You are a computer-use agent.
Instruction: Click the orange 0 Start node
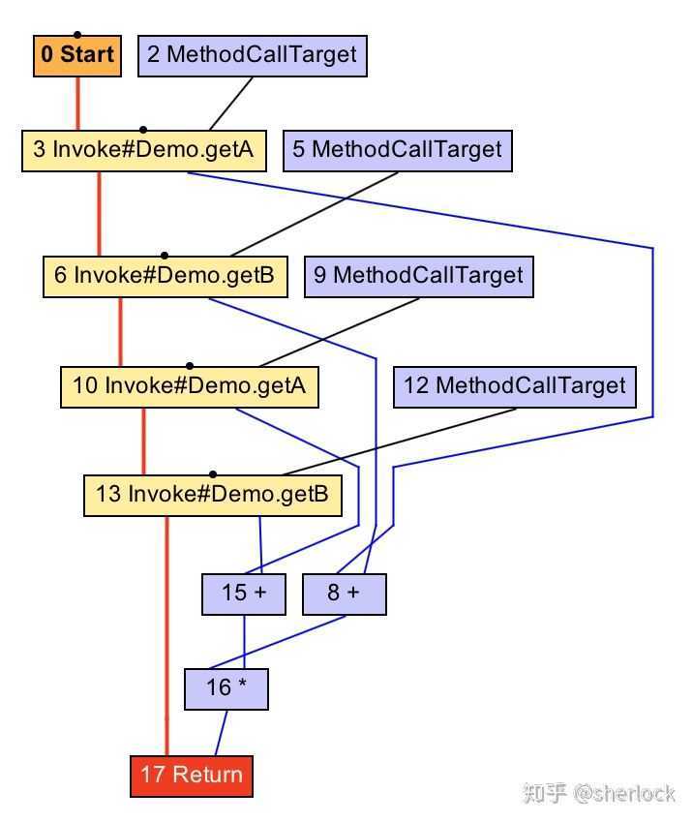[77, 55]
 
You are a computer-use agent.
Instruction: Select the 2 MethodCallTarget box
[253, 55]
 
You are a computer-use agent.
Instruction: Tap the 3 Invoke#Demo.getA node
[143, 150]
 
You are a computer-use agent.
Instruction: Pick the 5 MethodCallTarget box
[398, 150]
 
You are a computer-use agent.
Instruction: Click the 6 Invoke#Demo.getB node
[165, 276]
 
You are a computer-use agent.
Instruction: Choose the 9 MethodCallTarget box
[418, 276]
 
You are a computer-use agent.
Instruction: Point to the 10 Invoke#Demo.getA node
[189, 386]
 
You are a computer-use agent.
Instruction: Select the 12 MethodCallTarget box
[515, 386]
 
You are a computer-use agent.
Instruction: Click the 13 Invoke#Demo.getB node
[212, 495]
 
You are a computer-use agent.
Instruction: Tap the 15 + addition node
[244, 594]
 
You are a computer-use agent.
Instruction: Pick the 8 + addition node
[344, 594]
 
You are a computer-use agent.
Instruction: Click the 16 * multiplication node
[226, 688]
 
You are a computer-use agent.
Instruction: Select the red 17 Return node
[192, 776]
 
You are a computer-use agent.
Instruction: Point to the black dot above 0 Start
[77, 34]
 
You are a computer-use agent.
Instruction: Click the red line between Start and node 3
[78, 102]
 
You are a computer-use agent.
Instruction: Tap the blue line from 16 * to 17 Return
[222, 733]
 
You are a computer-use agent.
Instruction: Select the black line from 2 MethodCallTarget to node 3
[232, 103]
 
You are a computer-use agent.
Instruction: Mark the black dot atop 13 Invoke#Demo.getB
[213, 474]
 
